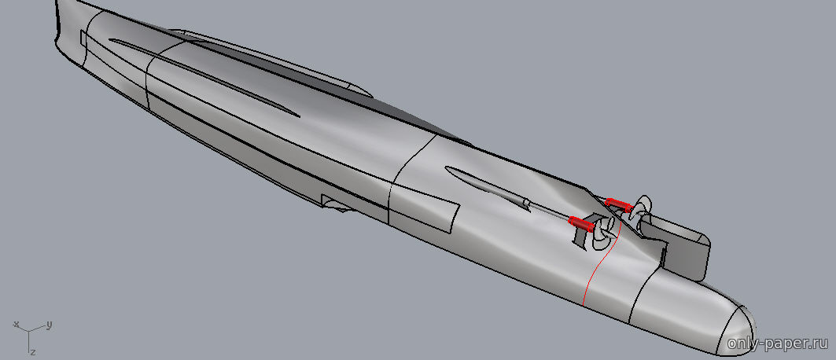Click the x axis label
(x=17, y=324)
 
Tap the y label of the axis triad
(x=49, y=325)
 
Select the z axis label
(x=33, y=352)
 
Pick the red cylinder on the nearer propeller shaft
(x=581, y=224)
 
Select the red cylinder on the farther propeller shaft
(x=618, y=204)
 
